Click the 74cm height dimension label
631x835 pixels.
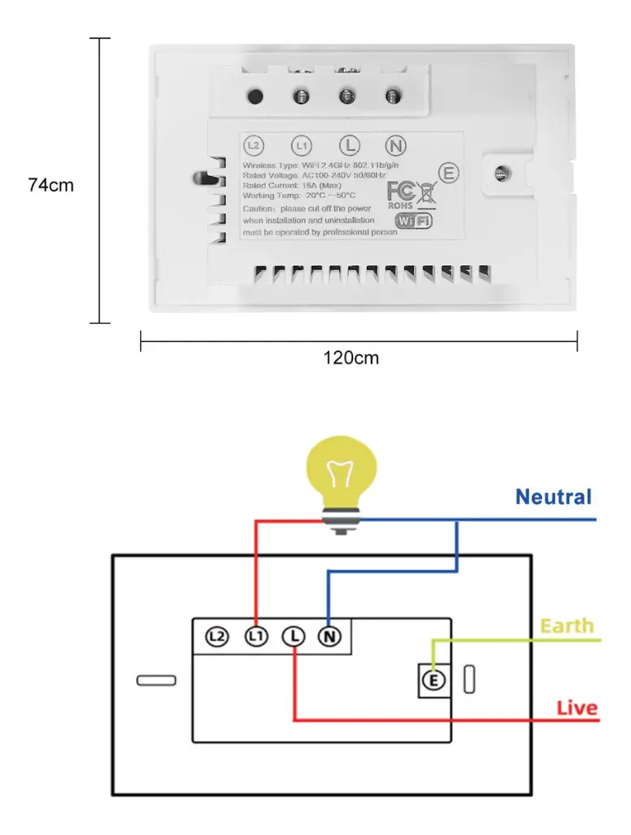coord(51,185)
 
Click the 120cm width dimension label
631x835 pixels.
coord(351,357)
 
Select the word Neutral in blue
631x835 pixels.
coord(554,497)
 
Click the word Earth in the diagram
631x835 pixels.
coord(567,626)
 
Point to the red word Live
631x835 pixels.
coord(577,708)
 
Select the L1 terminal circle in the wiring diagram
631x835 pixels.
coord(256,637)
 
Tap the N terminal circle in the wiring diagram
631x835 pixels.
coord(329,637)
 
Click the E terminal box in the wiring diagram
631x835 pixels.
coord(434,680)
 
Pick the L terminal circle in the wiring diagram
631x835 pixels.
coord(293,637)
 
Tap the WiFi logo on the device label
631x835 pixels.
coord(413,221)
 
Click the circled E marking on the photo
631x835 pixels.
coord(448,173)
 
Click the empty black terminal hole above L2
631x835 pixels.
coord(254,97)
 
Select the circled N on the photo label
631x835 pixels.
coord(395,146)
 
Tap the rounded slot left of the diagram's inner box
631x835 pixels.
coord(157,680)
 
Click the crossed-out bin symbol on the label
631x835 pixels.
coord(427,194)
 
